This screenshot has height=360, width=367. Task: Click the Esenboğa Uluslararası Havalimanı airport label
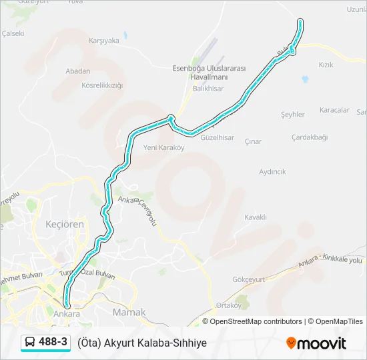[x=210, y=73]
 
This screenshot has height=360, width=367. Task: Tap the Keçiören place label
[x=64, y=224]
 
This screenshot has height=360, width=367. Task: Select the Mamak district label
[x=129, y=312]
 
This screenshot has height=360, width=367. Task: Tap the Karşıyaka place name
[x=104, y=40]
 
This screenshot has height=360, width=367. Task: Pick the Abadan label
[x=78, y=71]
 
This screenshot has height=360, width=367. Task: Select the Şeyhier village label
[x=293, y=115]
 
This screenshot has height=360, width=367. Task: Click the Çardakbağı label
[x=310, y=137]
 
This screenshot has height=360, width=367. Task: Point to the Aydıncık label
[x=272, y=171]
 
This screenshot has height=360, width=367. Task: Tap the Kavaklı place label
[x=256, y=217]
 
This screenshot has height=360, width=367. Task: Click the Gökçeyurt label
[x=250, y=279]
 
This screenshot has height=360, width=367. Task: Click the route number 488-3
[x=53, y=342]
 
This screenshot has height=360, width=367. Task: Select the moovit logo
[x=316, y=343]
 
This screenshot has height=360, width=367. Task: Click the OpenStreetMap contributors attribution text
[x=256, y=321]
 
